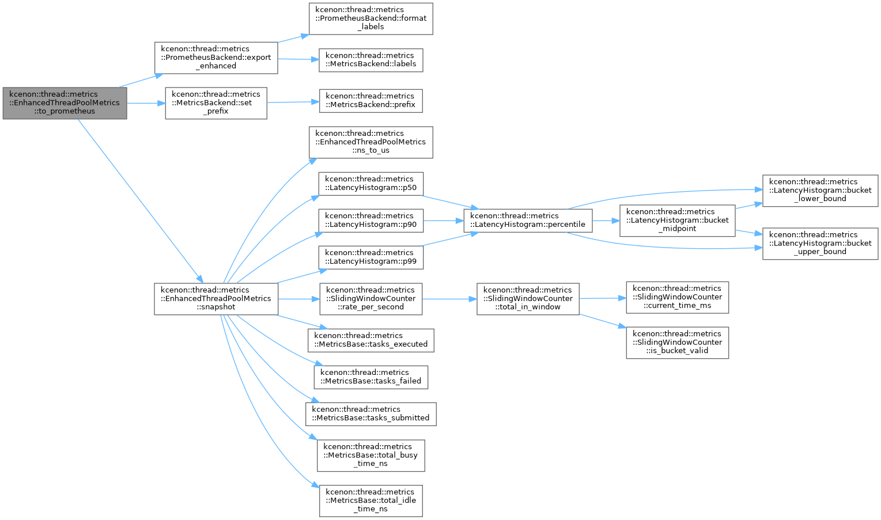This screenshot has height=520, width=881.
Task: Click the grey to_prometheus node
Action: [x=65, y=103]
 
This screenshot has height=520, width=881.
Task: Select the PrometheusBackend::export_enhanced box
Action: [x=216, y=58]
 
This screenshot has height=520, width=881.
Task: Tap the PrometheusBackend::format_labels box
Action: [x=371, y=19]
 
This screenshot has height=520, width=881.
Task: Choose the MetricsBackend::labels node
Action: [x=371, y=60]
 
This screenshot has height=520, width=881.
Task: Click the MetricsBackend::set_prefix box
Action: [x=216, y=103]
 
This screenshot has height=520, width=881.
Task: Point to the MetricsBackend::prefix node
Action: [x=371, y=101]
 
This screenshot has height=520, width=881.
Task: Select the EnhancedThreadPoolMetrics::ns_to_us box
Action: [x=371, y=142]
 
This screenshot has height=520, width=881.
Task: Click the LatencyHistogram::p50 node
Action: [x=371, y=184]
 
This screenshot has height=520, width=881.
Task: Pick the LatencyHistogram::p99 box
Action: [x=371, y=257]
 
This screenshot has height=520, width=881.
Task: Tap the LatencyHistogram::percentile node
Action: [x=528, y=221]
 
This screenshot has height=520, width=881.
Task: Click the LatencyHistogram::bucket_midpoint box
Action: [x=677, y=221]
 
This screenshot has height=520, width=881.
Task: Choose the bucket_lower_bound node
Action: [x=820, y=191]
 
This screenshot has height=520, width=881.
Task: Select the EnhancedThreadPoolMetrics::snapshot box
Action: [x=216, y=299]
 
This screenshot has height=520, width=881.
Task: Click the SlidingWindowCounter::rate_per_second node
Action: [x=371, y=299]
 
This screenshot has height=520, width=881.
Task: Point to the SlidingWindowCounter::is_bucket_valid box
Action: [x=677, y=342]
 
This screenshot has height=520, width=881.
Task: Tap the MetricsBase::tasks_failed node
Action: [x=371, y=377]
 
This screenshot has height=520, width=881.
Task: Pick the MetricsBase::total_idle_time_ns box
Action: [x=371, y=501]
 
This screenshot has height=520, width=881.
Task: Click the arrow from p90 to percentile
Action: [x=444, y=221]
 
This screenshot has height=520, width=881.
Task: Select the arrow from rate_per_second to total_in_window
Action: [x=449, y=299]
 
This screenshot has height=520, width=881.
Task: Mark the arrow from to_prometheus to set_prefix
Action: [x=146, y=104]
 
